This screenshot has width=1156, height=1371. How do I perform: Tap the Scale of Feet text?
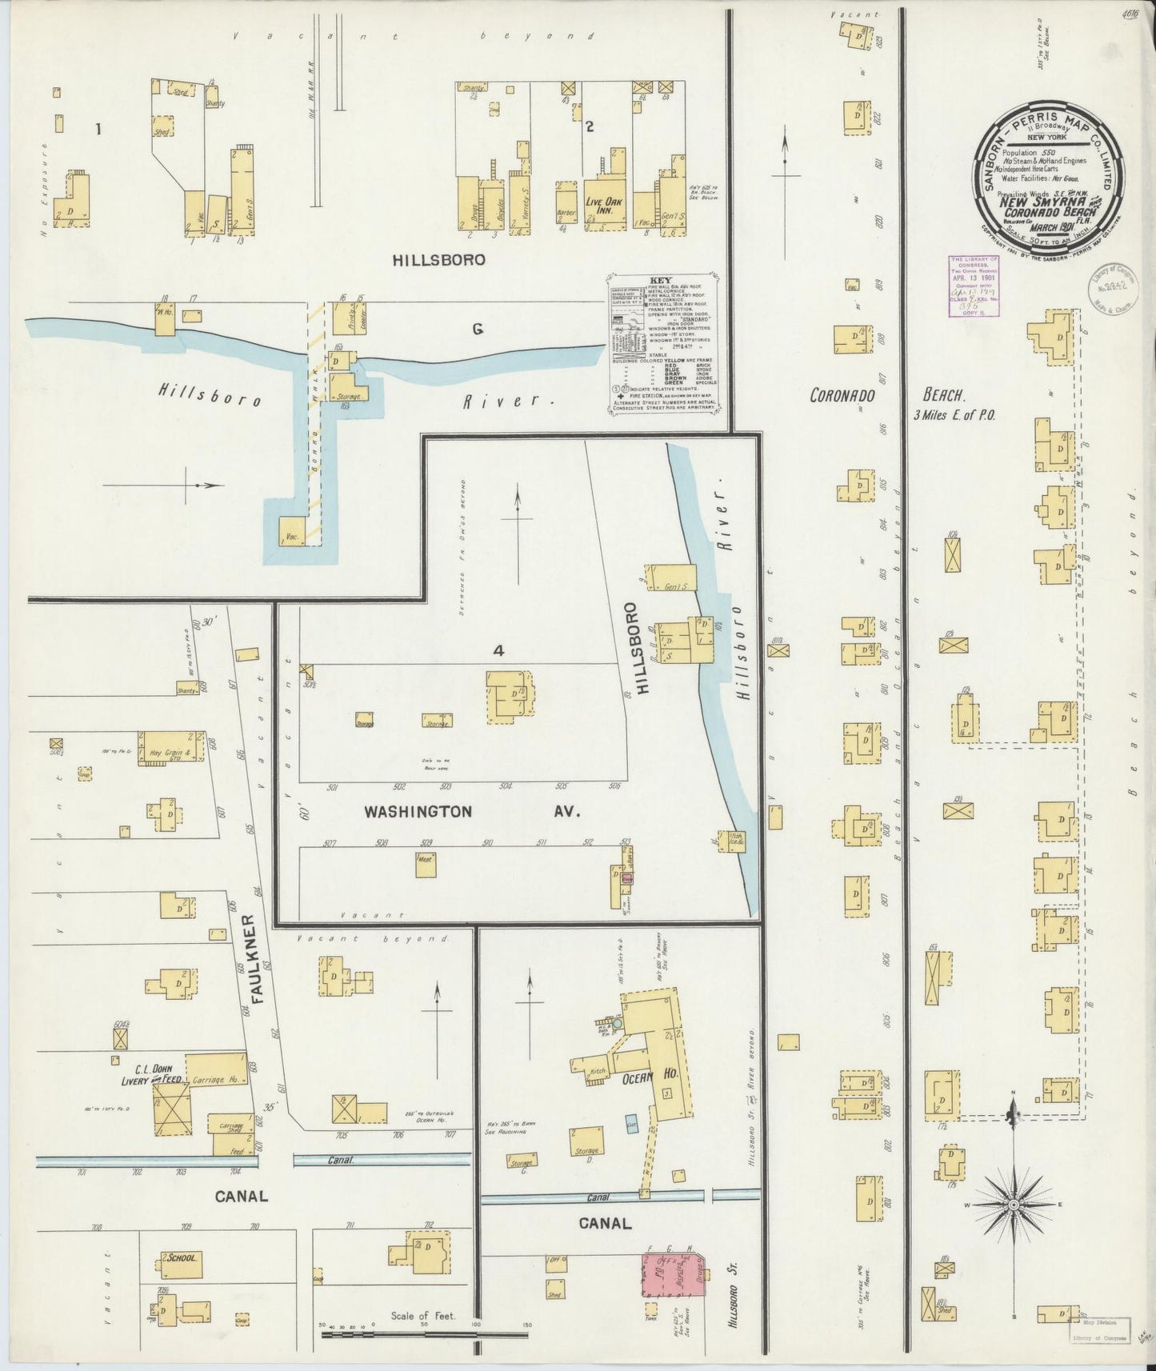click(422, 1315)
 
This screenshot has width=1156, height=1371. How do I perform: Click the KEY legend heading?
click(662, 281)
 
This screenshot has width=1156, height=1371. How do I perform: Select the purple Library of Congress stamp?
click(973, 286)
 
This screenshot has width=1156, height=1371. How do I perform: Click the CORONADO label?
click(842, 395)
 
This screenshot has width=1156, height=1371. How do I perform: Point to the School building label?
click(182, 1257)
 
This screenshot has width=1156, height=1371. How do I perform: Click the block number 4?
click(498, 651)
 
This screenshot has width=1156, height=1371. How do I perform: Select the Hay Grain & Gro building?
click(171, 748)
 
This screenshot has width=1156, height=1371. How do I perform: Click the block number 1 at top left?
click(98, 128)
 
